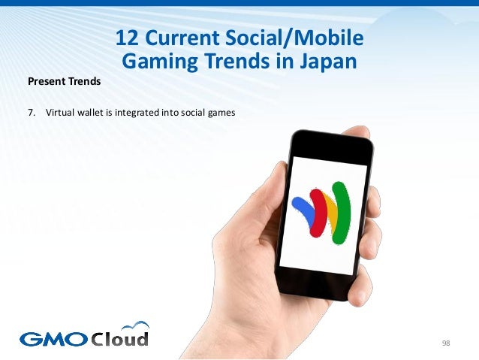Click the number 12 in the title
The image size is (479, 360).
click(128, 38)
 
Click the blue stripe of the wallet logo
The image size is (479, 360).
click(303, 207)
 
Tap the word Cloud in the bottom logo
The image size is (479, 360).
click(119, 337)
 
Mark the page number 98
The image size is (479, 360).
click(446, 343)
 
